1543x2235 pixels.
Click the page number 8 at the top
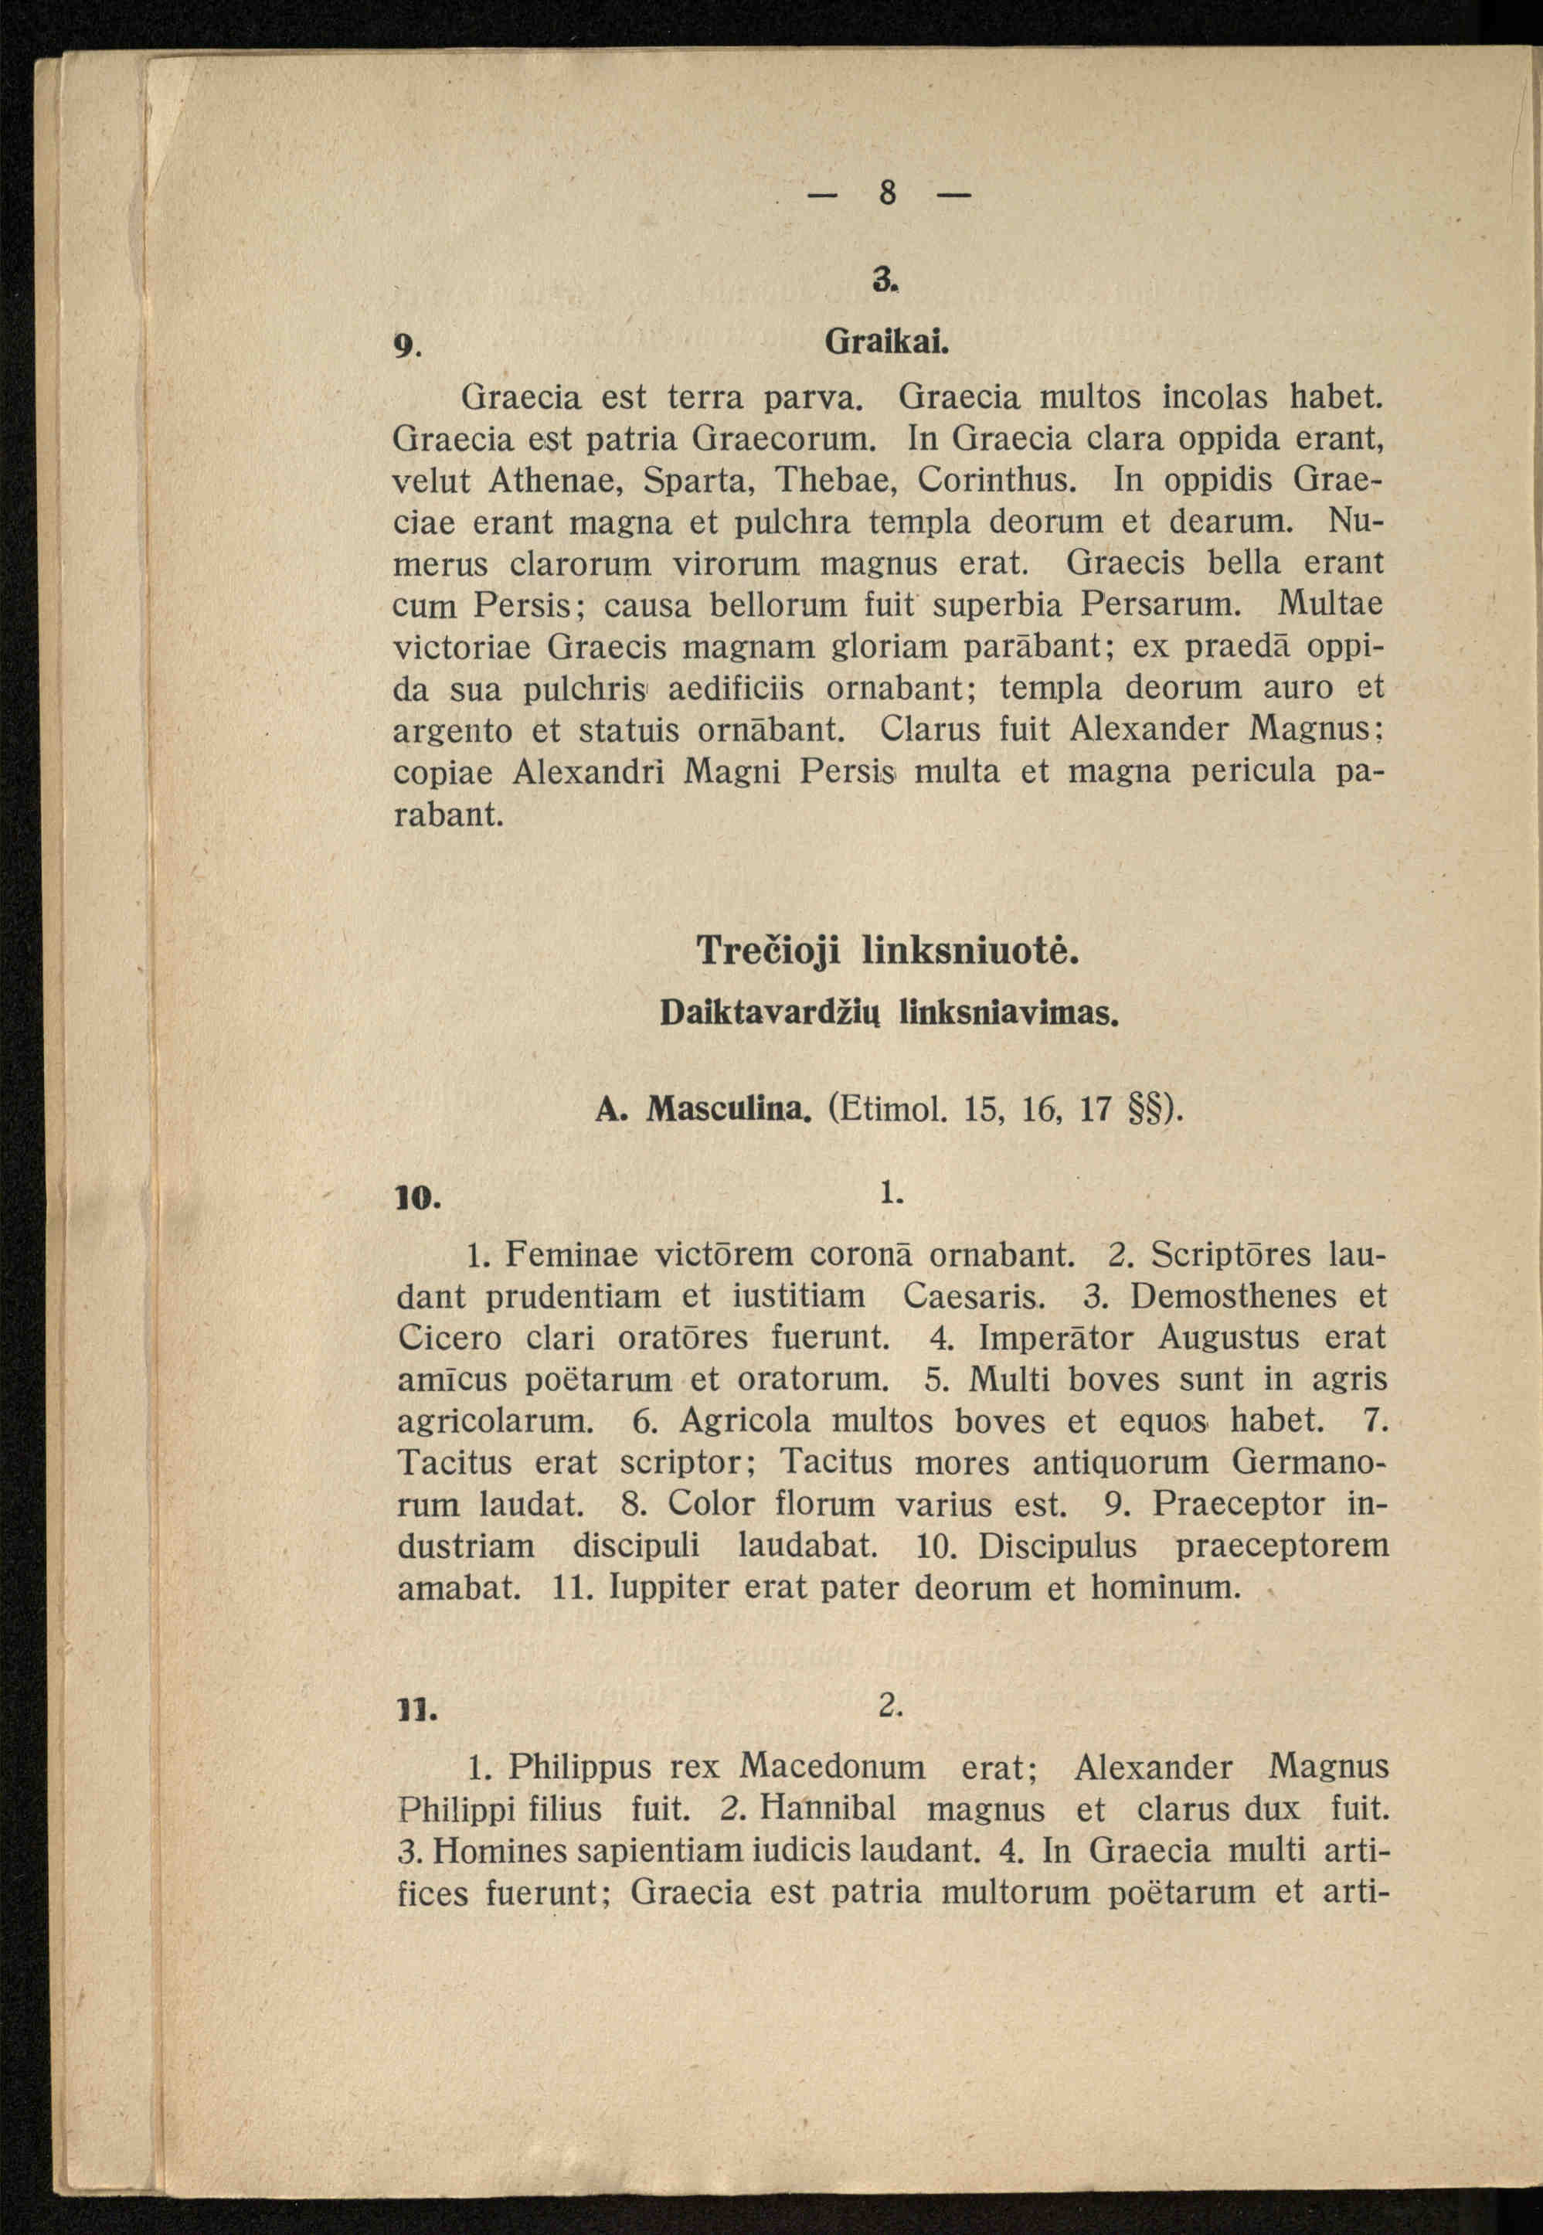888,194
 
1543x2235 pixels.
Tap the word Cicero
450,1338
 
